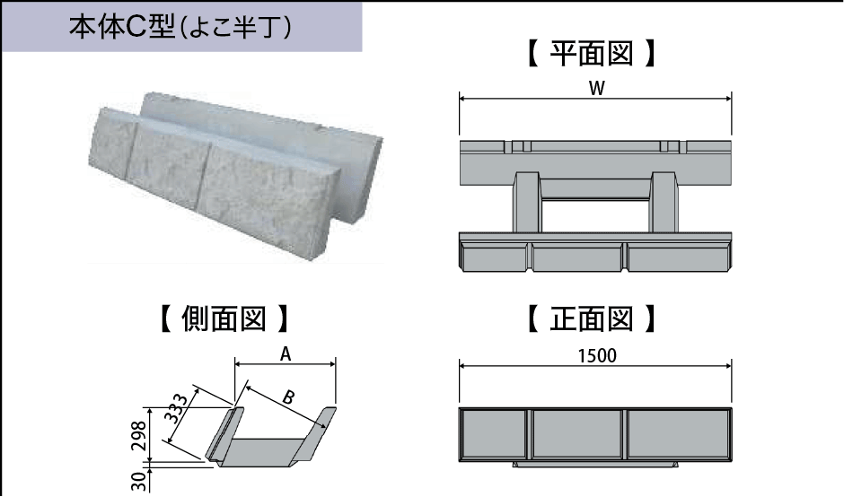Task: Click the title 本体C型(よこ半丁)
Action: (180, 27)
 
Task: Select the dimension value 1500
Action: (595, 355)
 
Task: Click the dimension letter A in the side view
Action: (285, 354)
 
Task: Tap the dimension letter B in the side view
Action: (287, 396)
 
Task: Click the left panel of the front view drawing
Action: (492, 435)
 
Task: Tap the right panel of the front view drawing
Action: (676, 435)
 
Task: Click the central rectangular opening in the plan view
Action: (595, 214)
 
